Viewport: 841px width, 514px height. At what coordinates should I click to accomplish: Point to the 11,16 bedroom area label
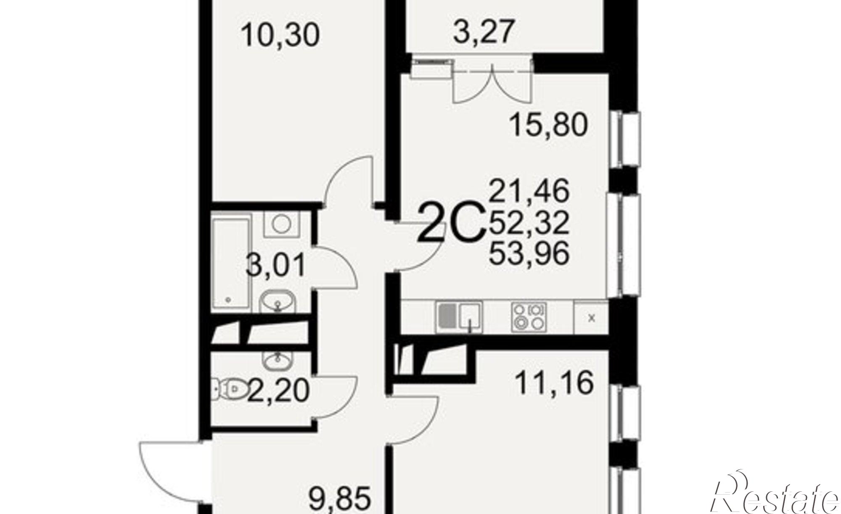[554, 383]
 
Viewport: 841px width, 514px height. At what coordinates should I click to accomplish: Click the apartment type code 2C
[451, 228]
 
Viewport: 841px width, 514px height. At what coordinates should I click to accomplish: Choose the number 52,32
[529, 222]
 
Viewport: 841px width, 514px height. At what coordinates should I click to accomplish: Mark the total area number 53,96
[529, 253]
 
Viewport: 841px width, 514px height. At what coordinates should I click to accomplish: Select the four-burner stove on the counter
[529, 317]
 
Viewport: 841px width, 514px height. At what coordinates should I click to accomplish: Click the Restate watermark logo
[776, 496]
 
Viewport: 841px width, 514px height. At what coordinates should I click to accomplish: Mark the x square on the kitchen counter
[591, 317]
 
